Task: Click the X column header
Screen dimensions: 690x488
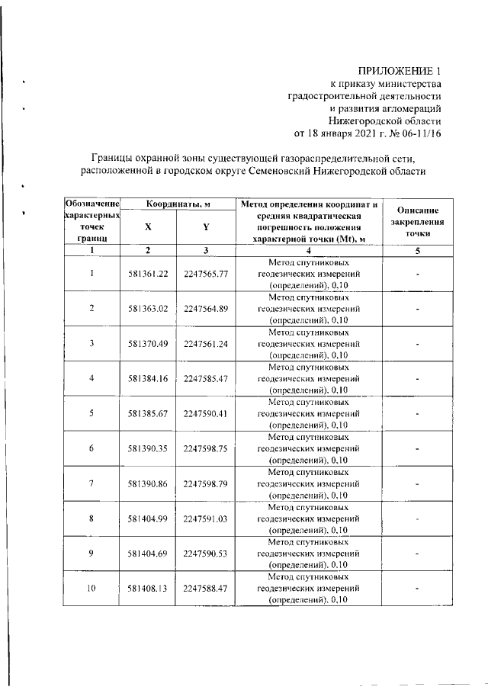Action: click(x=148, y=227)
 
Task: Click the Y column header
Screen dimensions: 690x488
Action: click(x=206, y=227)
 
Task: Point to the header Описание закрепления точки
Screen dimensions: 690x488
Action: click(x=418, y=220)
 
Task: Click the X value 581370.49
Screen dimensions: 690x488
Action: click(x=148, y=343)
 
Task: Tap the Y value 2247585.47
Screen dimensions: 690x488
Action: click(x=206, y=378)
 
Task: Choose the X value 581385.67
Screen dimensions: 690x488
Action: click(x=148, y=413)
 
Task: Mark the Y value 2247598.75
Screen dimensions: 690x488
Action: click(x=206, y=448)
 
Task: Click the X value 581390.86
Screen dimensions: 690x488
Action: click(x=148, y=483)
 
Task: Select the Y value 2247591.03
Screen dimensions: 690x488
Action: click(x=206, y=518)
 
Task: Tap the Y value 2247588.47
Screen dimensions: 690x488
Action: click(x=206, y=589)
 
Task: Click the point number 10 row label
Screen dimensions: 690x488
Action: click(x=91, y=589)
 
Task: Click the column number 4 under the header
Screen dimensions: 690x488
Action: click(x=308, y=251)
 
